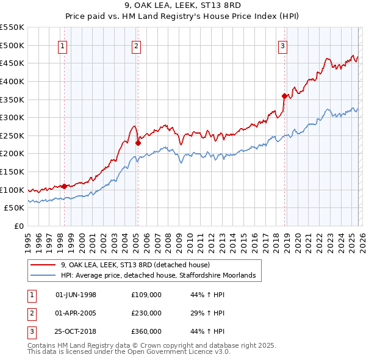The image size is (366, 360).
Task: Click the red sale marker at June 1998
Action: [64, 187]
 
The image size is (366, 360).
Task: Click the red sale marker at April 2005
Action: [138, 143]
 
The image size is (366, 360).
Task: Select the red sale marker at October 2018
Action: [284, 96]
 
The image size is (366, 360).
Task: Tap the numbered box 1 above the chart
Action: [63, 45]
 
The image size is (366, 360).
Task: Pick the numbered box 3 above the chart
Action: [283, 45]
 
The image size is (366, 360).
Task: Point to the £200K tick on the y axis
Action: [13, 154]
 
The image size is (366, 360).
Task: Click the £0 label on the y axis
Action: [19, 226]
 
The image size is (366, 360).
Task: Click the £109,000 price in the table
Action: [146, 295]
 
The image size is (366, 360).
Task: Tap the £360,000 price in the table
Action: [146, 331]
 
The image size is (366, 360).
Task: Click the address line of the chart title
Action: [182, 6]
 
